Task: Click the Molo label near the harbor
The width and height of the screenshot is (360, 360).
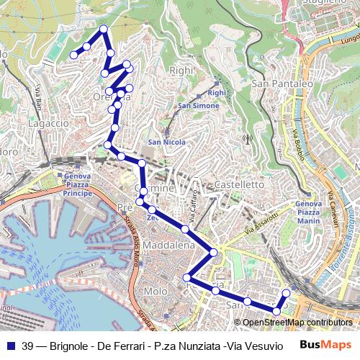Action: click(155, 291)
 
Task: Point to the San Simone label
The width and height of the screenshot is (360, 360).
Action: click(194, 107)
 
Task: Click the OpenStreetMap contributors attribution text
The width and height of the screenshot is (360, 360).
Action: click(297, 322)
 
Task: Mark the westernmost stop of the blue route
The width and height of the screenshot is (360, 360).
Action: click(73, 55)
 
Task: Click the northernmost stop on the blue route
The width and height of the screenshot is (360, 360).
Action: click(104, 29)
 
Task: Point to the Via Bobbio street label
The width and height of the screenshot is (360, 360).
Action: click(297, 144)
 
